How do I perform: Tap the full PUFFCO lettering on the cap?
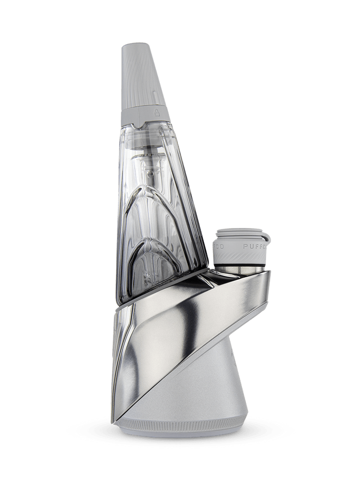click(253, 246)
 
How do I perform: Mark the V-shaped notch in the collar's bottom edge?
click(143, 123)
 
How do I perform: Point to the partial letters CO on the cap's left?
click(218, 246)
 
